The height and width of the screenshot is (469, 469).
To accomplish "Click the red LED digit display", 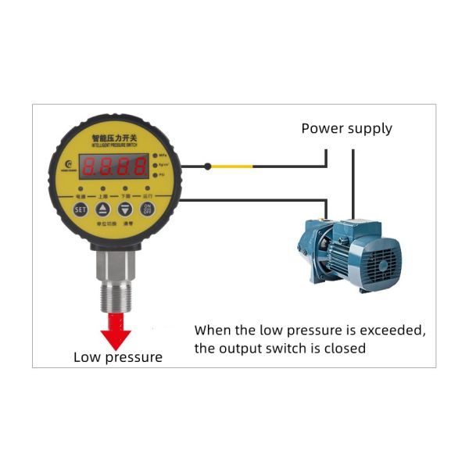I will coord(114,165).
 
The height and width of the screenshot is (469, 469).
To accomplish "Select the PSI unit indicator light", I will coord(155,175).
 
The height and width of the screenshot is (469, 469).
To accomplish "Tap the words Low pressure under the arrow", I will coord(118,357).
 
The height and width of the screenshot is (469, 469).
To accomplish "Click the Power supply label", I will coord(346,128).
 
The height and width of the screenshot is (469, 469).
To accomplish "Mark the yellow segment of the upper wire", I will coord(232,166).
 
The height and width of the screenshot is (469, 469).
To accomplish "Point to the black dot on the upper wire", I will coord(208,166).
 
